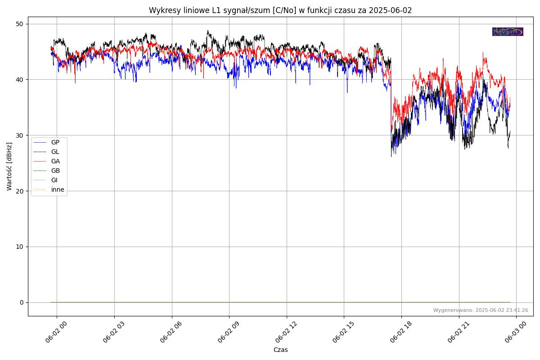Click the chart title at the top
280,10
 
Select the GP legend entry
55,142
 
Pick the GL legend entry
55,152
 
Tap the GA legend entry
55,161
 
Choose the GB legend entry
55,171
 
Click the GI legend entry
54,180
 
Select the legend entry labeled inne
58,189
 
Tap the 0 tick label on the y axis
22,302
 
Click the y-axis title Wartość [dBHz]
9,166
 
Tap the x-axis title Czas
280,350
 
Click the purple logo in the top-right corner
508,31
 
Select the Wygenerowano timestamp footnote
481,310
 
